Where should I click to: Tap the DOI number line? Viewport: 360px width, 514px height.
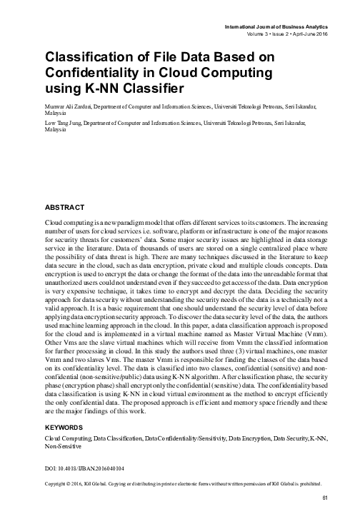84,469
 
